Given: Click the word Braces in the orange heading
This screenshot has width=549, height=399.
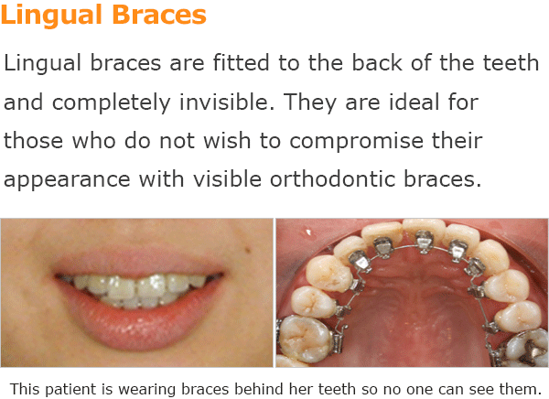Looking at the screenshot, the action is [159, 15].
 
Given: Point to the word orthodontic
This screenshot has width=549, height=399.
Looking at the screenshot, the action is [332, 179].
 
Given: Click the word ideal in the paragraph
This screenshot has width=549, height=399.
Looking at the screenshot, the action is [414, 102].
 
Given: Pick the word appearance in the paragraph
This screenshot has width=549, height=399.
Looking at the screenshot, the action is [67, 180].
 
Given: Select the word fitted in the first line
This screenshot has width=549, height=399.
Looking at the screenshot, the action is [241, 63].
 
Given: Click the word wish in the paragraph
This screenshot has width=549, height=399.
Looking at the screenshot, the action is [227, 140].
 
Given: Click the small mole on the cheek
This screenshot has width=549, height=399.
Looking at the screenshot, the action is [248, 250].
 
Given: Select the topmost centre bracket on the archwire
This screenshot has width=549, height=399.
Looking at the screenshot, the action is [424, 242].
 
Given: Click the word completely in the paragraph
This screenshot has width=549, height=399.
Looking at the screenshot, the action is [112, 102].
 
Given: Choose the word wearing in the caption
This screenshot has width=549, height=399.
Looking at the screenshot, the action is [148, 390].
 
